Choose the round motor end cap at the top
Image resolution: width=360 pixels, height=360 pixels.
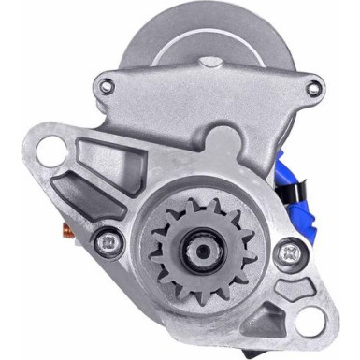[x=201, y=37]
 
